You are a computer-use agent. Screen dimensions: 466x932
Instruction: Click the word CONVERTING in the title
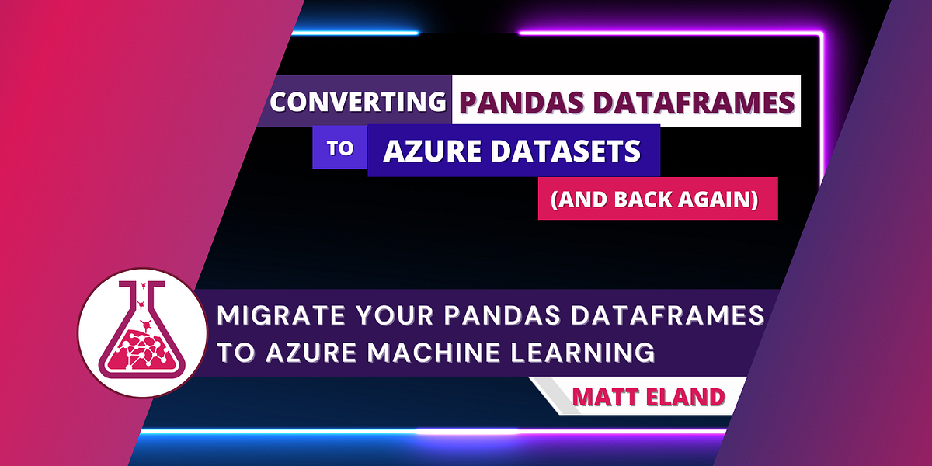(357, 102)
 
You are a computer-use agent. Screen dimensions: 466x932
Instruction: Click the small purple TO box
(339, 148)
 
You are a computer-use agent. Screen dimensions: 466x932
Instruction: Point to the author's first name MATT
(603, 398)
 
